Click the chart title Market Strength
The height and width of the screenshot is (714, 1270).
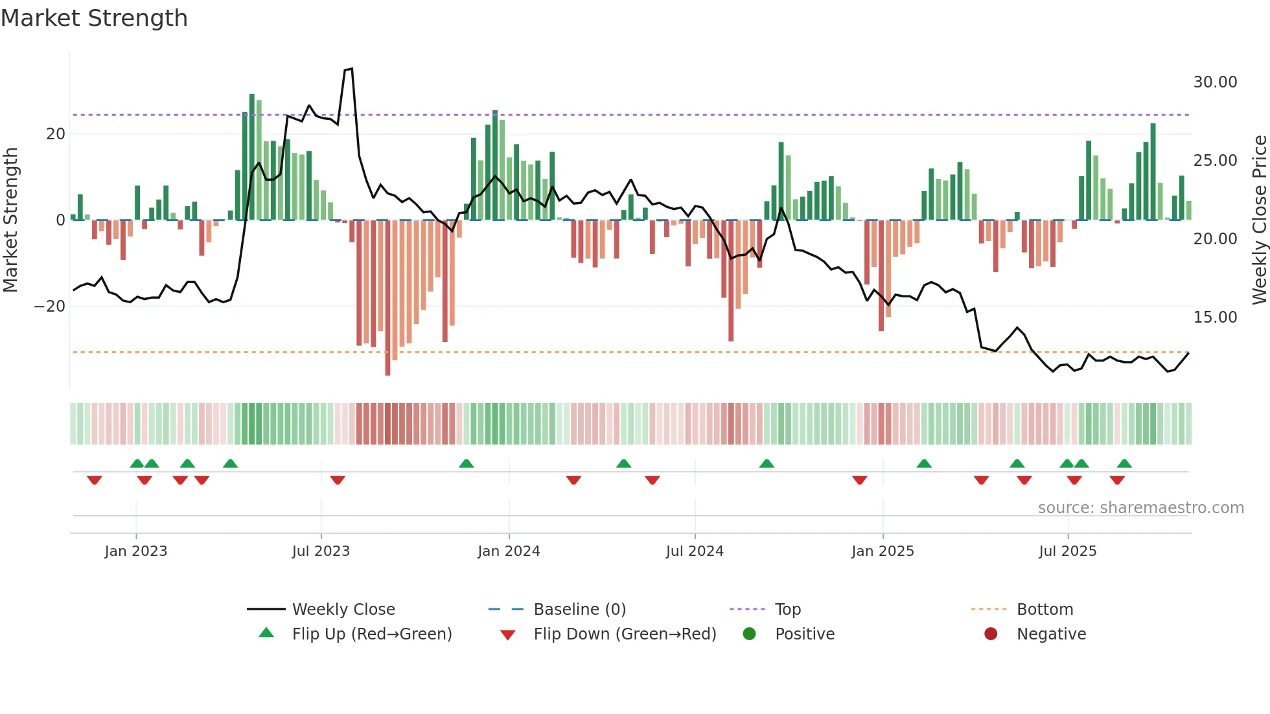coord(95,18)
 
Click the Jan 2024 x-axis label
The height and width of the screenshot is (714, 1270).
coord(509,551)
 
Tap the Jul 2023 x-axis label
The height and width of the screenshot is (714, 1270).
coord(321,551)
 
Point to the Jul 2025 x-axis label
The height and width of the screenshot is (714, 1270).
coord(1067,551)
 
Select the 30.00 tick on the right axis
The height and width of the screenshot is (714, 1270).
coord(1215,82)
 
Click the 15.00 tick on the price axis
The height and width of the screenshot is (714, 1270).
coord(1215,317)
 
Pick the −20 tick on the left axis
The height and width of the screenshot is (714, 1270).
coord(50,306)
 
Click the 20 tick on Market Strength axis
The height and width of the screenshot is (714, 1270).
coord(56,134)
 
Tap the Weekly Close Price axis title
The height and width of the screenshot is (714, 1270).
coord(1259,220)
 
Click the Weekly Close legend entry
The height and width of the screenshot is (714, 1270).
coord(343,610)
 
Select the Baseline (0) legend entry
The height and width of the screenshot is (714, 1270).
coord(579,610)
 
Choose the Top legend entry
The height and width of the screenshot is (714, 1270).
coord(787,610)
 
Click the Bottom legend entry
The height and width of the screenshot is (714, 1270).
coord(1045,610)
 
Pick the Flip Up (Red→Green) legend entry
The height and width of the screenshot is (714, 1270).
coord(371,634)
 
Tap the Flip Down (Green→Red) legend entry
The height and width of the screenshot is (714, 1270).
coord(625,634)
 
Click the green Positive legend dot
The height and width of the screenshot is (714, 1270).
coord(750,634)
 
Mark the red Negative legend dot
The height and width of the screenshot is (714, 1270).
coord(991,634)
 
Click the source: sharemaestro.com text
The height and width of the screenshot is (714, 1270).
coord(1140,508)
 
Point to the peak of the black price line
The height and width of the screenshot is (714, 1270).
coord(351,69)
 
